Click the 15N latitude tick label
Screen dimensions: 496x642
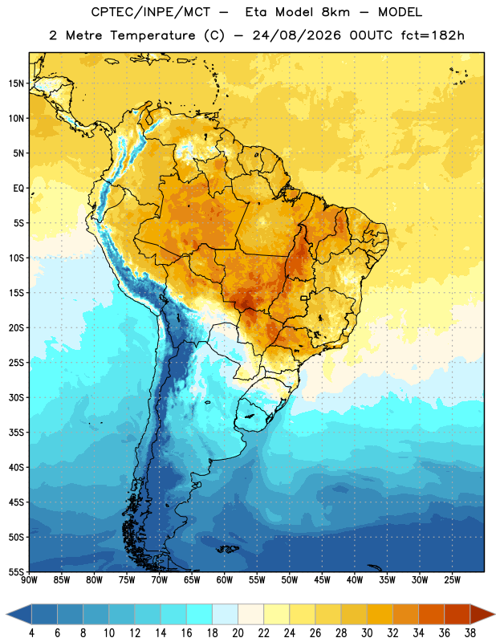(x=16, y=83)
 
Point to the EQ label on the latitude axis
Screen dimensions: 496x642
(x=18, y=189)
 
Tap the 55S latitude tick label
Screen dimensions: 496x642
(x=16, y=571)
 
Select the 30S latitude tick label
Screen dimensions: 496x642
(x=16, y=397)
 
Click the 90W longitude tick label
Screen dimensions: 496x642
(x=29, y=580)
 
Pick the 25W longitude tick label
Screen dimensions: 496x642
(x=452, y=580)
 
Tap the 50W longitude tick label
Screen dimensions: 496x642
(x=290, y=580)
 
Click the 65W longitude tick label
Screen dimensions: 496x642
(x=192, y=580)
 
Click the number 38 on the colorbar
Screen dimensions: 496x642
(x=470, y=633)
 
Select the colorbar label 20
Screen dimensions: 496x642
(x=238, y=633)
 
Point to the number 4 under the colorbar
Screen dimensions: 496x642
(x=31, y=633)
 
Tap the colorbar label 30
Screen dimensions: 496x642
(x=367, y=633)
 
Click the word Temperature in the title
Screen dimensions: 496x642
(x=152, y=35)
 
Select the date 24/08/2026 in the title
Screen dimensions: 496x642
(x=296, y=35)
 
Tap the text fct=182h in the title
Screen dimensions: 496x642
(x=433, y=35)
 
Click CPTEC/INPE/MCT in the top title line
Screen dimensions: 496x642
(x=150, y=12)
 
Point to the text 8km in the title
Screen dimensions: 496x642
(x=335, y=12)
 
